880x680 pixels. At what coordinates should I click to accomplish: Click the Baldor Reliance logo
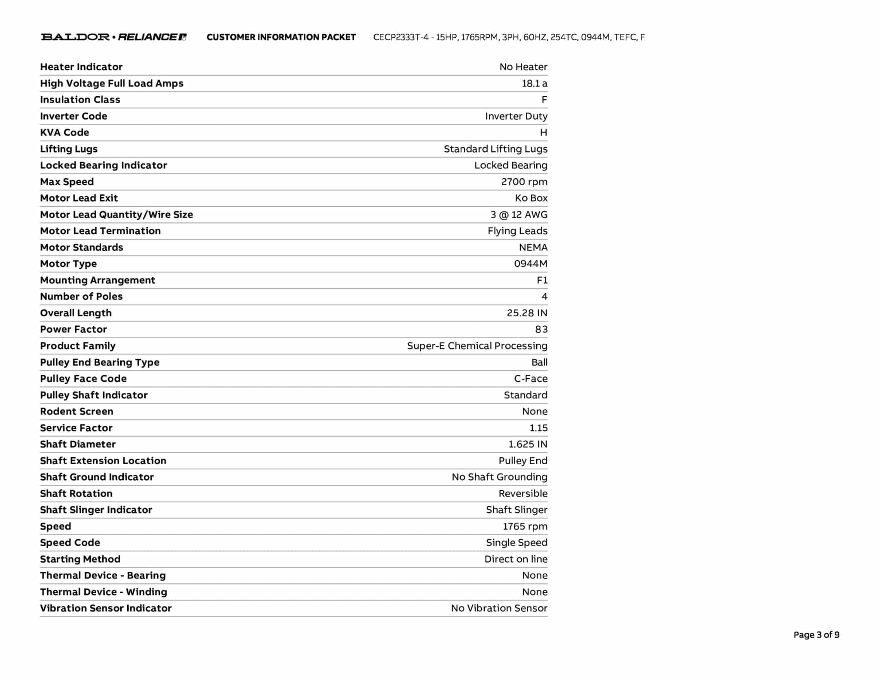point(113,37)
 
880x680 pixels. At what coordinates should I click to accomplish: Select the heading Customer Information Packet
point(281,37)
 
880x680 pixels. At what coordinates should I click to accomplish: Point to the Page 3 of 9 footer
point(816,635)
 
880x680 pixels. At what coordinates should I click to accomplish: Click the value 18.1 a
point(534,83)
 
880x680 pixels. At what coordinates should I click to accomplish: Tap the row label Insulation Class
point(80,100)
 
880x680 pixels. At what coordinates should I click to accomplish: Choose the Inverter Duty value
point(516,116)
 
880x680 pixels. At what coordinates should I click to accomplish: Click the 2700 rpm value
point(524,182)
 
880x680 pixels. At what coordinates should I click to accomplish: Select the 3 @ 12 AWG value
point(519,214)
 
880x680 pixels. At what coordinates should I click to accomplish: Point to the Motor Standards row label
point(82,247)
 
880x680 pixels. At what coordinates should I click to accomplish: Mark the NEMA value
point(533,247)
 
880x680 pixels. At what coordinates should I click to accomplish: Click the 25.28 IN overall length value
point(527,313)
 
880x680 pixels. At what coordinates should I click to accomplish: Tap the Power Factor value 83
point(541,329)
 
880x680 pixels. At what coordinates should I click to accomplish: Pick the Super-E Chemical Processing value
point(477,346)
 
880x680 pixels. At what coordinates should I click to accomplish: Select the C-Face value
point(531,379)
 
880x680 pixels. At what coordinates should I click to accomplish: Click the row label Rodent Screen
point(76,411)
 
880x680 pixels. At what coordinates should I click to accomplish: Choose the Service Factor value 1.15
point(538,428)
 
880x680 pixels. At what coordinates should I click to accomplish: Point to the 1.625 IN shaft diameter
point(528,444)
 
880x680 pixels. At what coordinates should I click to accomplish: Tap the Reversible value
point(523,493)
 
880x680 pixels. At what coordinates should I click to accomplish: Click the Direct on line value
point(516,559)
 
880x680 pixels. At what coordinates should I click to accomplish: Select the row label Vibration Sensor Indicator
point(106,608)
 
